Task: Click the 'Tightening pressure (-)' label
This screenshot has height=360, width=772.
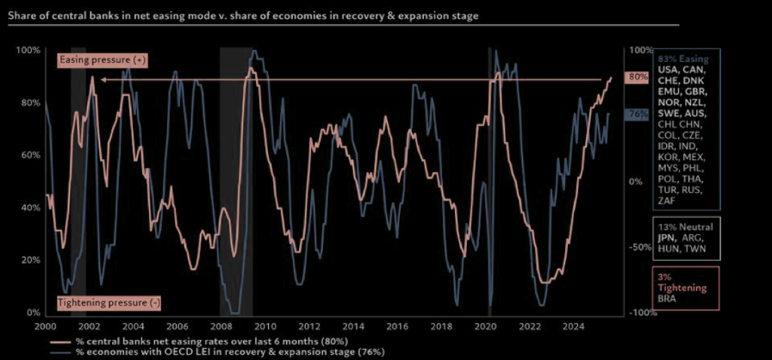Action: [x=109, y=302]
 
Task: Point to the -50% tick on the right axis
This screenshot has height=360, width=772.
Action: [x=635, y=247]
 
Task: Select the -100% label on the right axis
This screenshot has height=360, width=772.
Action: [x=633, y=313]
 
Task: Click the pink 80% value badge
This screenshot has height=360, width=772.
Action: [x=637, y=77]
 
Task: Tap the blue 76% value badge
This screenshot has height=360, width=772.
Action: [x=637, y=114]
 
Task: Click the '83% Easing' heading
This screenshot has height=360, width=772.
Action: [x=677, y=59]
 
